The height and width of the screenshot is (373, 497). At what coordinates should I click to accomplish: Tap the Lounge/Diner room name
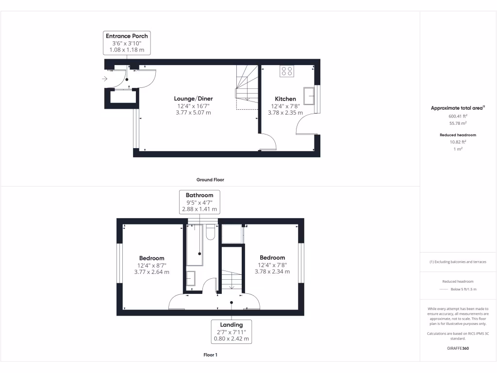193,99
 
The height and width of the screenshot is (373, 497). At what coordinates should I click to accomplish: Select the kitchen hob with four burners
286,71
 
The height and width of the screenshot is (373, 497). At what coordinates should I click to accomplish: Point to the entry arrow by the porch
105,79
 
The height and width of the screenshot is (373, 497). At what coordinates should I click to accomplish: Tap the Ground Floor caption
210,180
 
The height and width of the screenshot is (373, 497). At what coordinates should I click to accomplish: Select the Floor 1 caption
210,355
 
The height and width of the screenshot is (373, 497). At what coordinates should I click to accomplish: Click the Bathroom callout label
199,202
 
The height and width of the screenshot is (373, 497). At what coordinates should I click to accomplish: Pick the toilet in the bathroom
210,232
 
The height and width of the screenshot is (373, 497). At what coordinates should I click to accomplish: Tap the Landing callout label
232,332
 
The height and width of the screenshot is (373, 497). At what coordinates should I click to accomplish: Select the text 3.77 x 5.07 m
193,113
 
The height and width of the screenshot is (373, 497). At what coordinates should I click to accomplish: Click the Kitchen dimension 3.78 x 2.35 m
285,113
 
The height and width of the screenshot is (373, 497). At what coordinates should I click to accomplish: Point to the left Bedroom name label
151,258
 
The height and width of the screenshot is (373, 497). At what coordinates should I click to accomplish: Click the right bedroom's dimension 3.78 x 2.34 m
272,272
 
